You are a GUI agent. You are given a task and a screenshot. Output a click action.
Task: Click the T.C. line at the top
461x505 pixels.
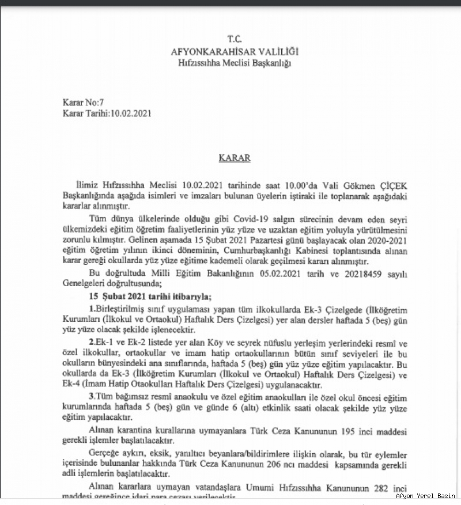click(234, 39)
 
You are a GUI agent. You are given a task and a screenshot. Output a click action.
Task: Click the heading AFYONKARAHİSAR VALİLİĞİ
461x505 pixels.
click(235, 52)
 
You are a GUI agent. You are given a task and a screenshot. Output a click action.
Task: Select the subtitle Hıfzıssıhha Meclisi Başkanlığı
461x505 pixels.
click(235, 63)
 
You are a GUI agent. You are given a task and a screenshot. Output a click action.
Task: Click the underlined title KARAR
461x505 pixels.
click(234, 158)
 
